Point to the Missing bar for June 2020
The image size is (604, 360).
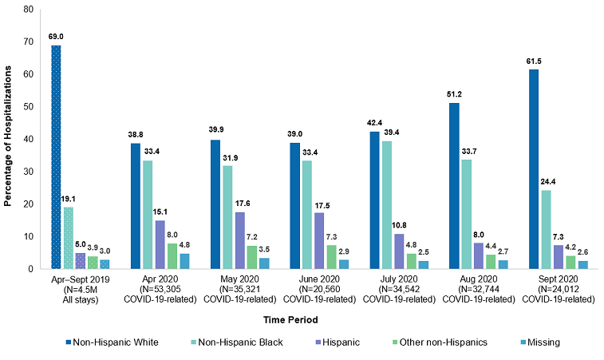(x=343, y=264)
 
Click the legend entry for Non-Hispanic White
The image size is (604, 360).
(x=114, y=342)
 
